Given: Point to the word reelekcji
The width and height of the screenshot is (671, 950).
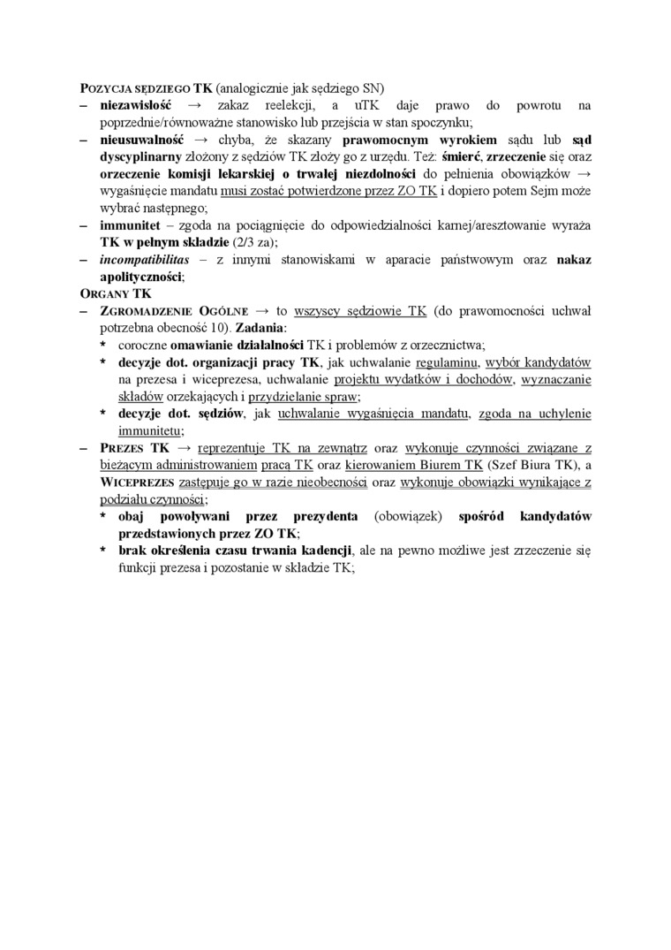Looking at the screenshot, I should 278,106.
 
